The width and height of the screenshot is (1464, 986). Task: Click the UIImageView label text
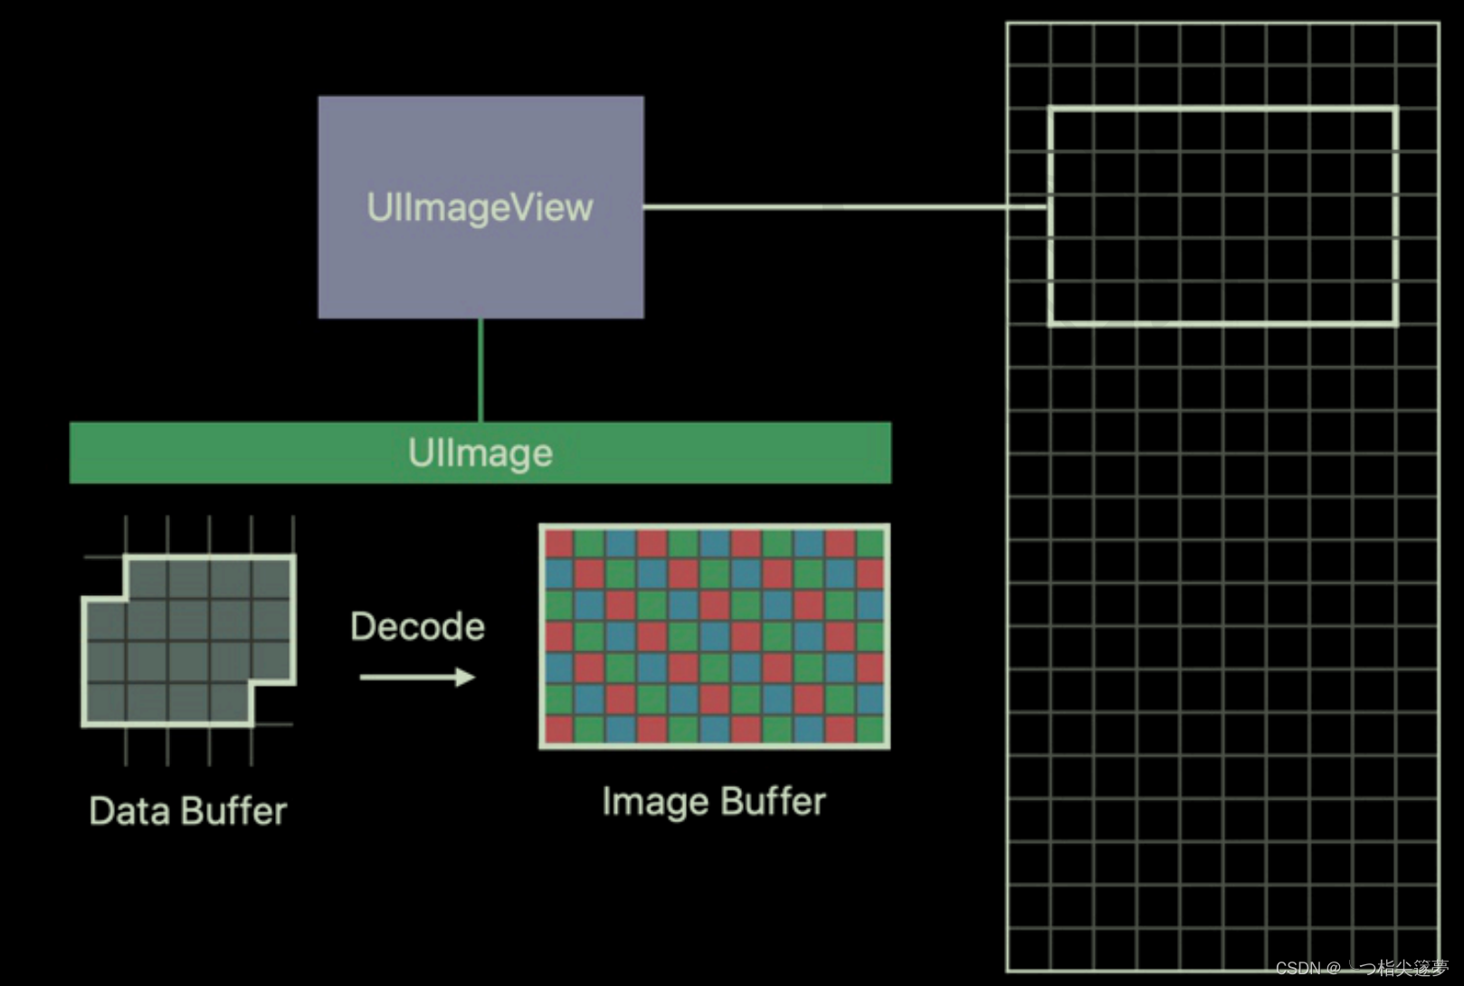[x=480, y=208]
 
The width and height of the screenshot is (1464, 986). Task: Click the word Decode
[x=417, y=626]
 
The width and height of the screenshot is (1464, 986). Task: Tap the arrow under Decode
[x=416, y=677]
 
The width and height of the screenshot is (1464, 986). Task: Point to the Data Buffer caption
[x=187, y=811]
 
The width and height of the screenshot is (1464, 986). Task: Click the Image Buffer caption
[x=714, y=801]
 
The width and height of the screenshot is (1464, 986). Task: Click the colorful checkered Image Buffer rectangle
[x=714, y=637]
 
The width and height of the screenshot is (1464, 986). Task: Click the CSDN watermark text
[x=1361, y=968]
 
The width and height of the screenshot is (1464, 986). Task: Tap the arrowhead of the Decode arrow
[x=466, y=677]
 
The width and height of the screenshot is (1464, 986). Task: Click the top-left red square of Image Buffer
[x=559, y=544]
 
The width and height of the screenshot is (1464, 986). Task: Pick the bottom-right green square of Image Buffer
[x=870, y=729]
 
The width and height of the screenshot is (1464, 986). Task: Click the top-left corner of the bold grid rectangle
[x=1050, y=109]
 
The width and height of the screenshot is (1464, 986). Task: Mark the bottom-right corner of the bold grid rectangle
[x=1396, y=323]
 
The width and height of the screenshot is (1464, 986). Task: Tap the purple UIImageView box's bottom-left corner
[x=320, y=316]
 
